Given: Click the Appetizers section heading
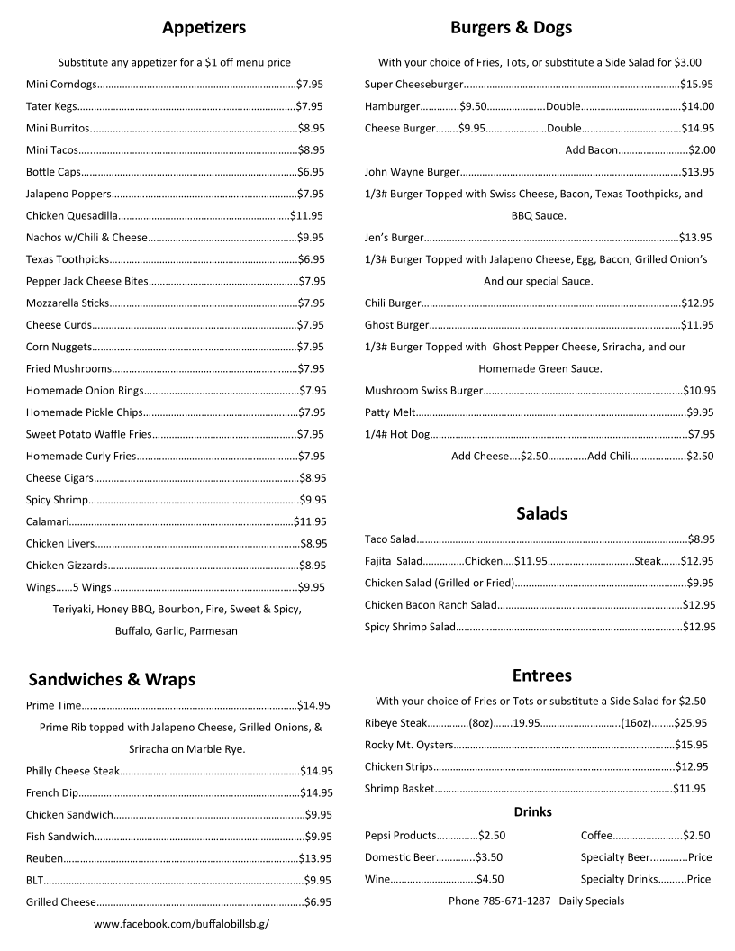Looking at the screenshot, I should pos(204,28).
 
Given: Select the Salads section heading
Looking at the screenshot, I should pos(541,513).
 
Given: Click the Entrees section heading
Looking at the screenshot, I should pos(541,675).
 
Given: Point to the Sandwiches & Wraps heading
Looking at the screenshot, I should pos(112,679).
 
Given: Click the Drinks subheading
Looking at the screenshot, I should pos(532,811).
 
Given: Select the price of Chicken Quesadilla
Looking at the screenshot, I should pos(306,215).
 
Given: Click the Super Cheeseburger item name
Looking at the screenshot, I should pos(413,84).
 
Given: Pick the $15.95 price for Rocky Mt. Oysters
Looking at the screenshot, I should pos(691,745).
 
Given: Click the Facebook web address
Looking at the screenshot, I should pos(181,924).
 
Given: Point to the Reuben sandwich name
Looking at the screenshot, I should pos(44,858).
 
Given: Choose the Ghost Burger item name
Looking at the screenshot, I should pos(396,324).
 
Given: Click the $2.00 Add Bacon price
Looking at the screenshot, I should pos(701,149).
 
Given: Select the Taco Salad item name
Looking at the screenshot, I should pos(390,539).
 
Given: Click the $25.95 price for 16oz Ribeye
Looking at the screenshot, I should pos(691,722).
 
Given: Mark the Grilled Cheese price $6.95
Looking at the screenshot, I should pos(318,901).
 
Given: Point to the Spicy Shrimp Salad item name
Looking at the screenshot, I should pos(410,627).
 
